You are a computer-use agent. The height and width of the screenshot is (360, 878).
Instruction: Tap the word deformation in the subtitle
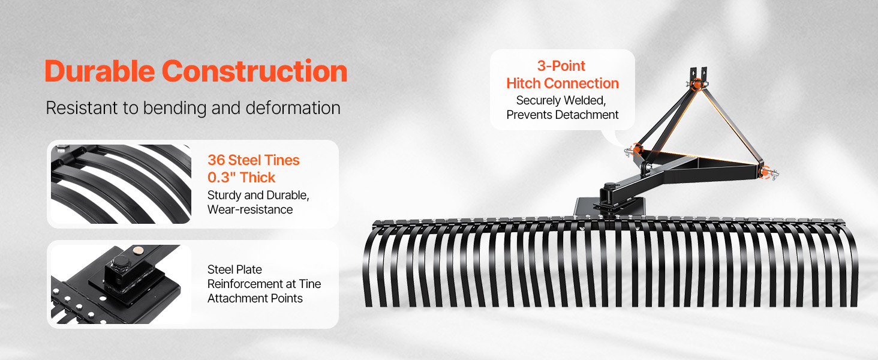pos(293,108)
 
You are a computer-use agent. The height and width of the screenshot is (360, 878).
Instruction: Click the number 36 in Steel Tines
pos(216,160)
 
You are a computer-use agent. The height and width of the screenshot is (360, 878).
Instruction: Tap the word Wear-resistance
pos(250,209)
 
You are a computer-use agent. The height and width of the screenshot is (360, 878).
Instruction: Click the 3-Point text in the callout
pos(561,66)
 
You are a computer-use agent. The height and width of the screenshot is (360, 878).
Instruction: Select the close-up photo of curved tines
pos(121,184)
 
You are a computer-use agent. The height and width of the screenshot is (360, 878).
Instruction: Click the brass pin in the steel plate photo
pos(138,250)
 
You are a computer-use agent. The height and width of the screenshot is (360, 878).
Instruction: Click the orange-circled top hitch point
pos(696,85)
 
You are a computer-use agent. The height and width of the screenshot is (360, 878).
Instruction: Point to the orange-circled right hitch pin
pos(765,172)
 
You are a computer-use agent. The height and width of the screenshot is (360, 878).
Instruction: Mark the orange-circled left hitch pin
pos(636,150)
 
